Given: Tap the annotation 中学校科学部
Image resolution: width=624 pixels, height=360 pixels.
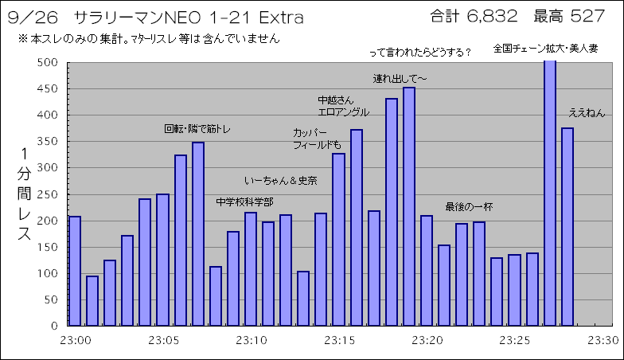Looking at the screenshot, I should [244, 202].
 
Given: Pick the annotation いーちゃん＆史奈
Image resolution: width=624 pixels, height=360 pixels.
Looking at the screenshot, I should [281, 181].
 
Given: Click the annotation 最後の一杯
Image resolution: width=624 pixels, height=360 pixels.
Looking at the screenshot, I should [469, 207].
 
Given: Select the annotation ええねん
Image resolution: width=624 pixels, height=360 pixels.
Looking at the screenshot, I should [587, 113].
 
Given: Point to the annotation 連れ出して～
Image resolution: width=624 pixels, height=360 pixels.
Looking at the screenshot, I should [401, 79].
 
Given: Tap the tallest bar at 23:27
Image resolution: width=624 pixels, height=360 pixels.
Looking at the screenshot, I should [550, 191].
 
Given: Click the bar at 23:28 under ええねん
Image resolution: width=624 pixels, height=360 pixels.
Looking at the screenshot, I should [567, 227].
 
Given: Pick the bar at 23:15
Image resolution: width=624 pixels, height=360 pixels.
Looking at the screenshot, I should [338, 239].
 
